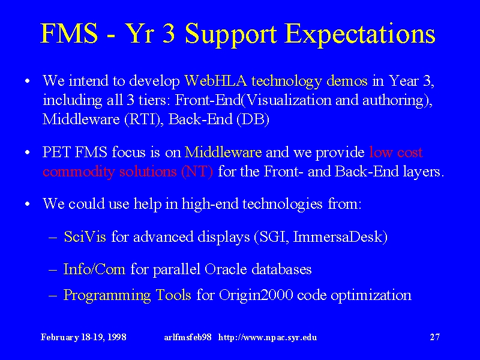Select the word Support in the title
(231, 34)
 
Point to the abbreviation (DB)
(253, 119)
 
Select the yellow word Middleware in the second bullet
(223, 152)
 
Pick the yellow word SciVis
(85, 236)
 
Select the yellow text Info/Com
(94, 269)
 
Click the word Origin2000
(256, 295)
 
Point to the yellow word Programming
(107, 295)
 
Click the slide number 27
(434, 337)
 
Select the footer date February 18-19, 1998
(83, 337)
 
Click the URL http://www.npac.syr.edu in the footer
(268, 337)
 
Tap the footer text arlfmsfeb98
(188, 337)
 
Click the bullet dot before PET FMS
(28, 152)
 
